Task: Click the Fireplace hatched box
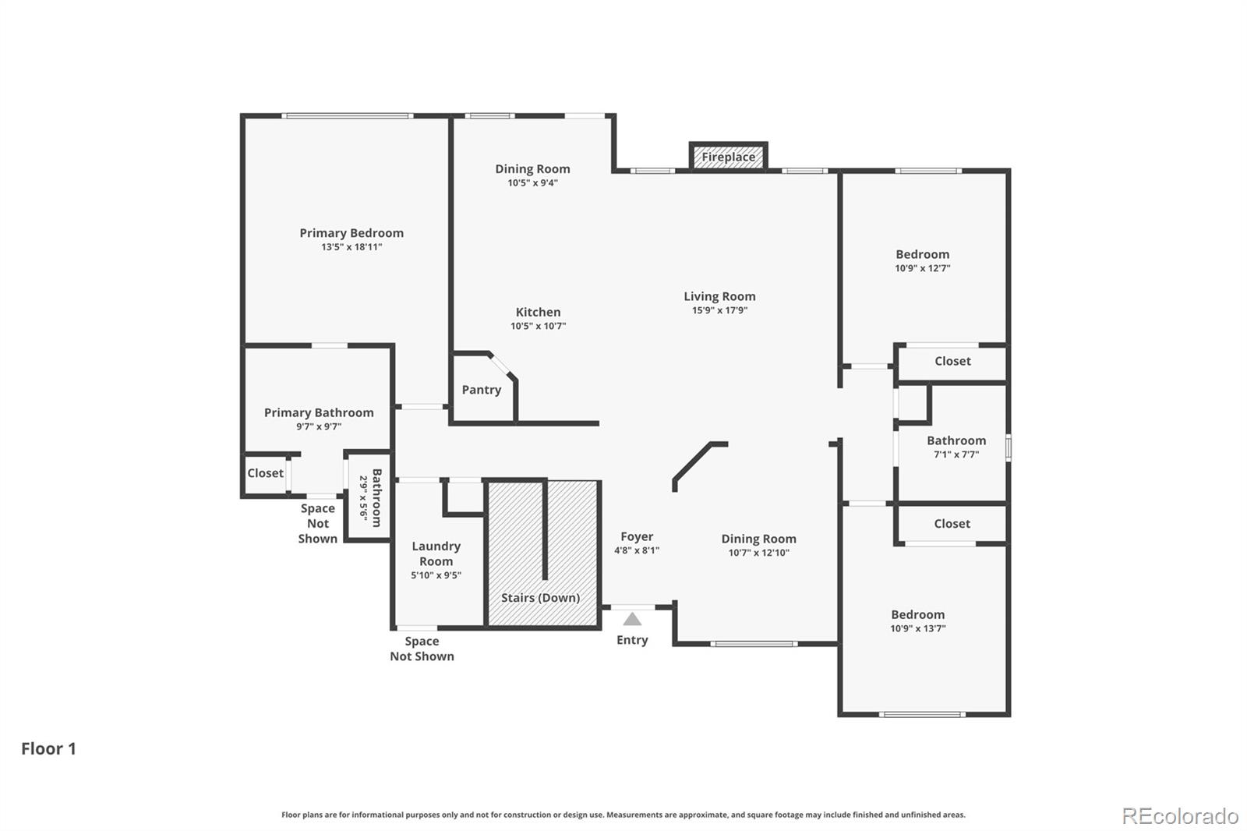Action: (x=728, y=157)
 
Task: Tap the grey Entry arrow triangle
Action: (x=632, y=620)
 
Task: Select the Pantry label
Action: (x=481, y=390)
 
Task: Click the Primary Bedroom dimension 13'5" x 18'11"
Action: (x=351, y=247)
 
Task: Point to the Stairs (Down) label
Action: (x=540, y=598)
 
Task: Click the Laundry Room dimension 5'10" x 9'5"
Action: (x=436, y=575)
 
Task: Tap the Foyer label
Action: (x=637, y=536)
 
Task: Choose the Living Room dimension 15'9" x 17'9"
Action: (x=719, y=310)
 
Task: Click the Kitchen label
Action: (x=538, y=312)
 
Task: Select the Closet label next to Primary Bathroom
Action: (x=265, y=473)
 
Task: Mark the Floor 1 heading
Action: (x=48, y=748)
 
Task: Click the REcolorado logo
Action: (x=1179, y=816)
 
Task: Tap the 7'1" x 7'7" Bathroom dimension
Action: (x=956, y=454)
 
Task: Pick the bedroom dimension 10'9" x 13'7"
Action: (x=917, y=628)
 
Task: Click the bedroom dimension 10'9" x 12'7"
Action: (x=922, y=268)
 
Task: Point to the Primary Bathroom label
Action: (x=318, y=412)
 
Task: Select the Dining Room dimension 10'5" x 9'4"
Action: (x=532, y=183)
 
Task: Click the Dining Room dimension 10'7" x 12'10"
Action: (x=758, y=553)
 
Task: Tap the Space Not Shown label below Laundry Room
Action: (x=422, y=649)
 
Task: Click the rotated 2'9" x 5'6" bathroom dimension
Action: (x=363, y=497)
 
